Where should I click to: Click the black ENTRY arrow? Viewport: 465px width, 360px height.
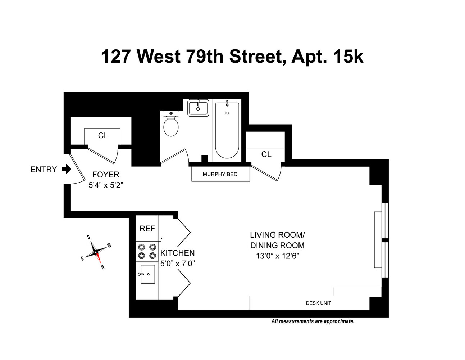pos(67,169)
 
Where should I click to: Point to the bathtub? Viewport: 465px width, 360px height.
pos(227,130)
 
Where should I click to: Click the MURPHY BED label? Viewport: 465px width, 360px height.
pos(220,174)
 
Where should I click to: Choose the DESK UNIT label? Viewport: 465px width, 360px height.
pos(318,303)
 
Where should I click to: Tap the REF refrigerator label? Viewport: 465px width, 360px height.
pos(147,229)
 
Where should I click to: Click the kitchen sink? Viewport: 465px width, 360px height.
pos(147,274)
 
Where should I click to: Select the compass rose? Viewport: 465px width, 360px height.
pos(96,252)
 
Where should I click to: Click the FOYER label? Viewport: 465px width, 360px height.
pos(106,175)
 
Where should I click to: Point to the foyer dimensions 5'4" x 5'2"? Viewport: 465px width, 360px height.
pos(106,186)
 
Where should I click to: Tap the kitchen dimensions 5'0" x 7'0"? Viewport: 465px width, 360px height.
pos(177,263)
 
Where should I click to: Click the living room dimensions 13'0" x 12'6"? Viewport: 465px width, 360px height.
pos(277,256)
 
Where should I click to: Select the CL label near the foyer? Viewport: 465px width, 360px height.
pos(103,136)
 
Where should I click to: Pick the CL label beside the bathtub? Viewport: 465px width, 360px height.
pos(266,154)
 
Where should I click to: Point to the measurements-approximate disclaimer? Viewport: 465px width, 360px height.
pos(313,321)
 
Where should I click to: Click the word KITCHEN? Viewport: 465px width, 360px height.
pos(177,253)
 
